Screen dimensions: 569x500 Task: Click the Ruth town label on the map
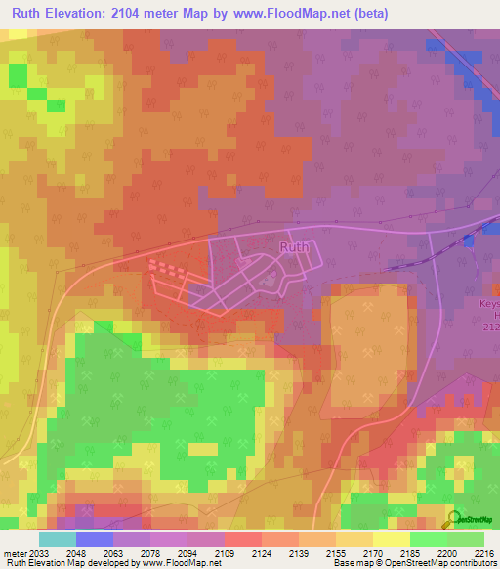294,247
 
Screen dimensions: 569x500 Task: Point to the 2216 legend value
484,553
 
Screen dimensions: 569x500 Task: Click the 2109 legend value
224,553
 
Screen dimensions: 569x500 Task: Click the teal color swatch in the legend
57,539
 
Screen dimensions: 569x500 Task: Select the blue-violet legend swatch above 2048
94,539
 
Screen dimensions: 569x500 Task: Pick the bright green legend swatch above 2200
428,539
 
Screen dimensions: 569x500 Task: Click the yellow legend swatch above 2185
391,539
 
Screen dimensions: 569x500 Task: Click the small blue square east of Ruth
470,241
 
